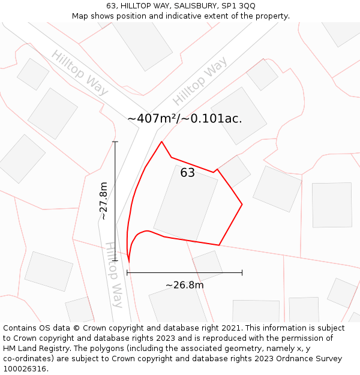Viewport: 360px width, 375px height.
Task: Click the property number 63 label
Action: (x=188, y=173)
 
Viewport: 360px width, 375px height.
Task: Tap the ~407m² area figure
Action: (x=152, y=118)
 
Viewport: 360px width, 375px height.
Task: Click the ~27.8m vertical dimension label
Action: (x=104, y=200)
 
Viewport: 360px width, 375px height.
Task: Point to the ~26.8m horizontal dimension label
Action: (x=184, y=285)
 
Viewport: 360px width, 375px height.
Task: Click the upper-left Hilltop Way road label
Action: (x=80, y=73)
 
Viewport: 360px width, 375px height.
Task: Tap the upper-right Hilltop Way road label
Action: (x=200, y=80)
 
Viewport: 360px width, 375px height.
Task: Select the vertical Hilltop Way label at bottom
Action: (x=115, y=274)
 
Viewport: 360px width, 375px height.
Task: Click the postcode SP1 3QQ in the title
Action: (x=238, y=5)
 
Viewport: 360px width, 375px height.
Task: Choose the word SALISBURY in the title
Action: (x=195, y=5)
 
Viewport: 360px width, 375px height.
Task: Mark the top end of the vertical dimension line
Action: (x=115, y=142)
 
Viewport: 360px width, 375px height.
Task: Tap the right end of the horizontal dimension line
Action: (x=242, y=272)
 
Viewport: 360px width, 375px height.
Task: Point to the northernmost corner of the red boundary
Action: (x=161, y=142)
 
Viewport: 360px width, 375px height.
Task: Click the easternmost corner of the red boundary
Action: (x=242, y=205)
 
